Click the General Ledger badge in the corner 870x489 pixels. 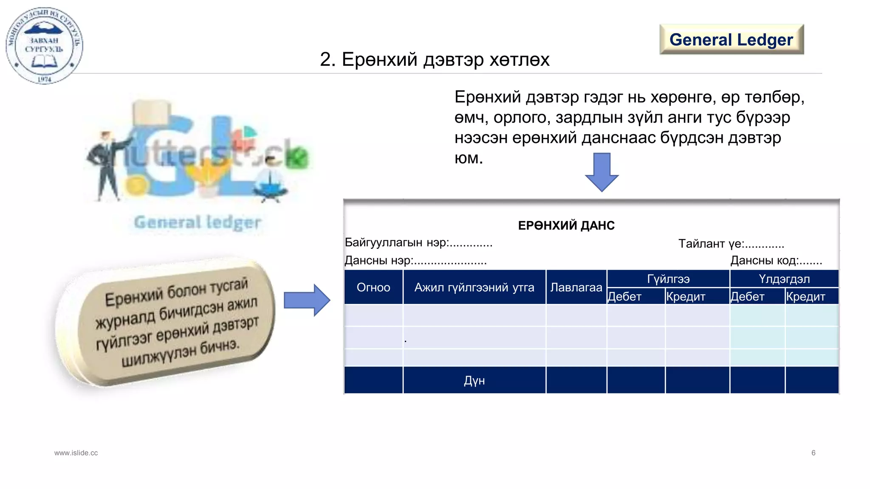pyautogui.click(x=731, y=39)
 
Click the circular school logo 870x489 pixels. pyautogui.click(x=44, y=45)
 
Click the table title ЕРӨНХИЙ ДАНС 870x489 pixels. pyautogui.click(x=566, y=225)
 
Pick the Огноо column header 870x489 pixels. pyautogui.click(x=373, y=287)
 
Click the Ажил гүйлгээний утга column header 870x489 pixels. pyautogui.click(x=474, y=287)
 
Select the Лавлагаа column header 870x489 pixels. pyautogui.click(x=576, y=287)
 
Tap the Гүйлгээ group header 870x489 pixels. pyautogui.click(x=668, y=279)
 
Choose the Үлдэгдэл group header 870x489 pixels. pyautogui.click(x=784, y=279)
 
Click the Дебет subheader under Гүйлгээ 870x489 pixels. pyautogui.click(x=624, y=296)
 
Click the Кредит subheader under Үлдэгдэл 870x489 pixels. pyautogui.click(x=805, y=296)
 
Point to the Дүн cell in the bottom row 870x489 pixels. pyautogui.click(x=474, y=380)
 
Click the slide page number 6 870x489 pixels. pyautogui.click(x=813, y=452)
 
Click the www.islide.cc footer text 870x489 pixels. pyautogui.click(x=76, y=453)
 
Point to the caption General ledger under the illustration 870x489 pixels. pyautogui.click(x=198, y=222)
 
